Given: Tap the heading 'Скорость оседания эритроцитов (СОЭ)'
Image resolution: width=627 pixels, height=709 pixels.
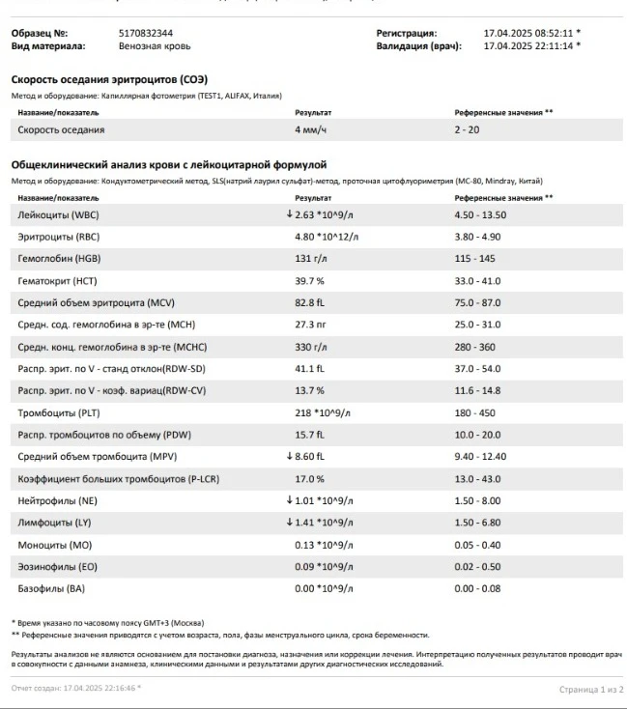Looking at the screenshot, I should tap(109, 79).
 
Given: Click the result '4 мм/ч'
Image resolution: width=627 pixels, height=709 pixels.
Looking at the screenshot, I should tap(311, 129).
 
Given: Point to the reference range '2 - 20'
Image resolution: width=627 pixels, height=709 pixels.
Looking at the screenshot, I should tap(467, 129).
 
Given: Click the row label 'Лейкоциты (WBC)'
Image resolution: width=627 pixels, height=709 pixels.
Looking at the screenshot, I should tap(58, 214).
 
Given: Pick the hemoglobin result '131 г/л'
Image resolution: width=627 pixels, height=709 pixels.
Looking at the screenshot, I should tap(311, 258).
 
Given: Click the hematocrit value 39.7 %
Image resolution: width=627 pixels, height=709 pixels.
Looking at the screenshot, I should tap(309, 280).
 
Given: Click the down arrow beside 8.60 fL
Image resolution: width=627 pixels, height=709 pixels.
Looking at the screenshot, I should tap(289, 456).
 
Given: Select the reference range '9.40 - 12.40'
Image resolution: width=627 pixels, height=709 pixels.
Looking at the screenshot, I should tap(480, 456).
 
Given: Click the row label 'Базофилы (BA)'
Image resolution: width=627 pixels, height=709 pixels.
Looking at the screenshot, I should tap(52, 588).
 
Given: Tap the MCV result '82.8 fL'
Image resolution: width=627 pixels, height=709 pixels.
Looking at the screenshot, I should tap(311, 302).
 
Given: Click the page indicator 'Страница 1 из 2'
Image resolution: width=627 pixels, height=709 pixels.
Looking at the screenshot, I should tap(591, 689).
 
